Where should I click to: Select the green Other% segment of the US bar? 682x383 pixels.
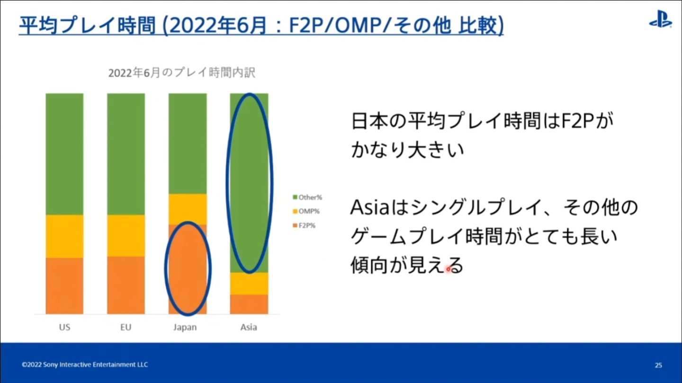(64, 154)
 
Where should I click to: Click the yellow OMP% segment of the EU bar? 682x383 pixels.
(126, 235)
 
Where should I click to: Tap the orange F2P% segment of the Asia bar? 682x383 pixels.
(249, 304)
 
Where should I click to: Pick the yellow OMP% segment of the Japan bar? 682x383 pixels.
(188, 209)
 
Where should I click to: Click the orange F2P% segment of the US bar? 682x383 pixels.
(64, 285)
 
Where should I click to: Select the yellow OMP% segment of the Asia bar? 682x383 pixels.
(249, 284)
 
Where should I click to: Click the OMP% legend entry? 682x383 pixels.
(306, 211)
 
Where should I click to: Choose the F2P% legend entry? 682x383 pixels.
(306, 225)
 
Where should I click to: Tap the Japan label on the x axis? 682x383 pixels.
(185, 327)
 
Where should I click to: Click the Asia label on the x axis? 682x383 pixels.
(249, 327)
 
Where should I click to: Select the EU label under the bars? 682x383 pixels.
(126, 327)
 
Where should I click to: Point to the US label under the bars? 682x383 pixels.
(64, 327)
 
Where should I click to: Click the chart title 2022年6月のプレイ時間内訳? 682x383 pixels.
(182, 73)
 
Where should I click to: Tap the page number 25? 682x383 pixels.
(658, 365)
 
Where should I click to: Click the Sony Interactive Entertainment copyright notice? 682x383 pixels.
(85, 365)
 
